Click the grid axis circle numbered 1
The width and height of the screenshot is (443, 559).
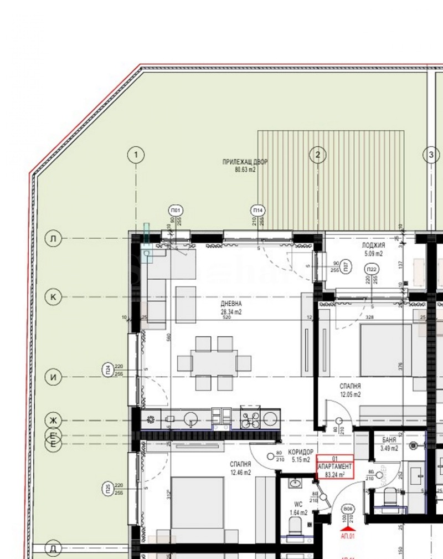(136, 155)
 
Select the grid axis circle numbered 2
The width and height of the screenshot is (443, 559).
(317, 155)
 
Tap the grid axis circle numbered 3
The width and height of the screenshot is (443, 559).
(431, 155)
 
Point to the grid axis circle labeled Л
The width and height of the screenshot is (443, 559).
(53, 239)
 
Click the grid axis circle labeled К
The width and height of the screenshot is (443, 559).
(53, 297)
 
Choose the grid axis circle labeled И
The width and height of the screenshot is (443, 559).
(53, 377)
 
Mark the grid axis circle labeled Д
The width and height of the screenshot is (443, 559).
(53, 548)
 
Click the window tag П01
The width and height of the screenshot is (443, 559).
(176, 211)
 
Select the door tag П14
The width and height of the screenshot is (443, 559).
(257, 211)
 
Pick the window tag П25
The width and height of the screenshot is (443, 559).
(107, 489)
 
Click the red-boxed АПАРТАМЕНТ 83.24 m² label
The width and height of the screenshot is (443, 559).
(334, 466)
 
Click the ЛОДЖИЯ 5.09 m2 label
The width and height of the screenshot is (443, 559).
(374, 249)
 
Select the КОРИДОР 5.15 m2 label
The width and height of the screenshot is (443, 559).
(301, 456)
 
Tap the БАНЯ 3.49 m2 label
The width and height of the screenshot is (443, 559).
(389, 444)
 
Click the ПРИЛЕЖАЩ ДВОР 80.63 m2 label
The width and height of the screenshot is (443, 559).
(245, 166)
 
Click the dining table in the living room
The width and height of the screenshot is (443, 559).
(214, 363)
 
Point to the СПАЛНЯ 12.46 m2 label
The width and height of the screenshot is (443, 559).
(240, 468)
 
